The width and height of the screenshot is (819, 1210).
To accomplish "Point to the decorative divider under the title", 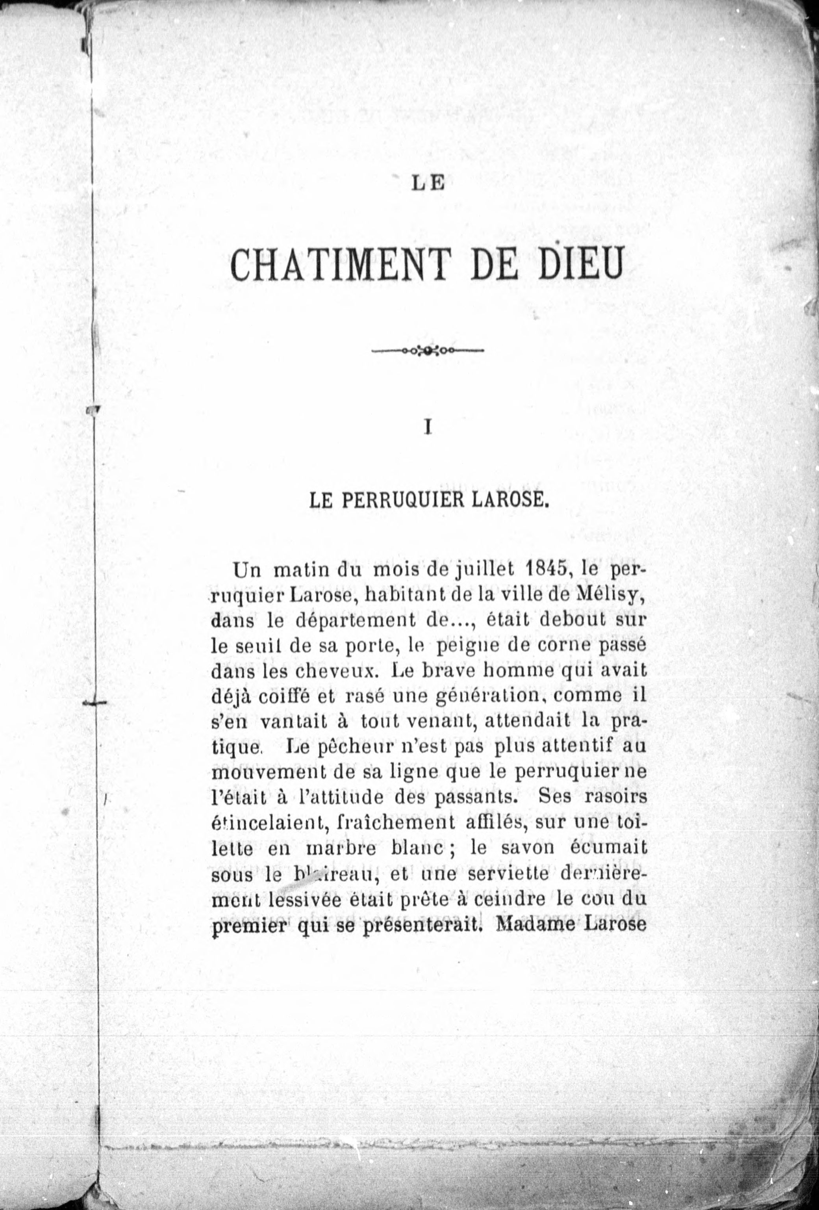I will pos(428,351).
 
